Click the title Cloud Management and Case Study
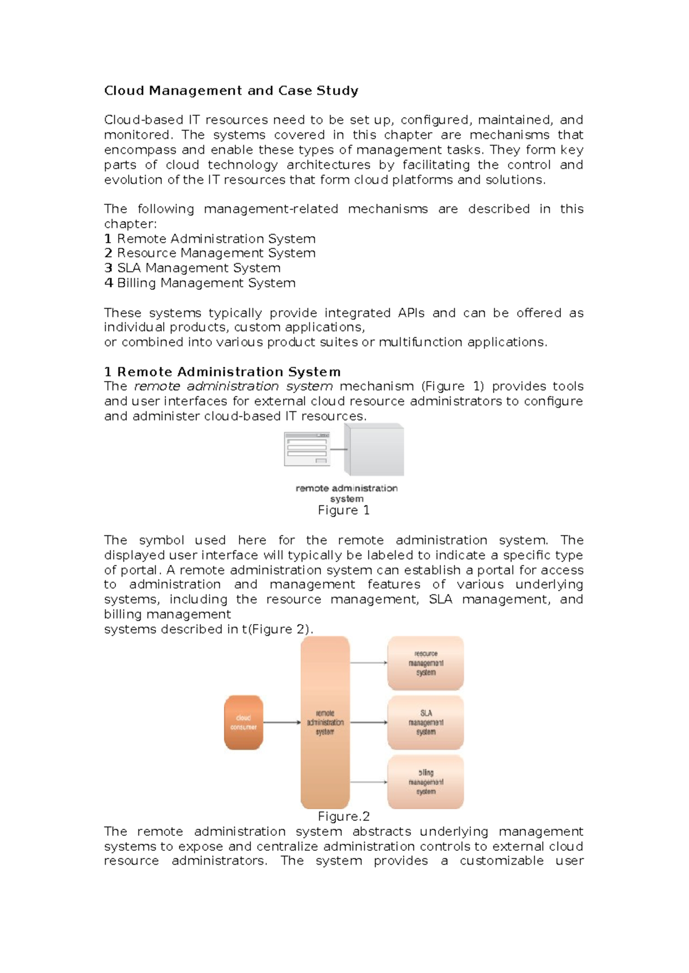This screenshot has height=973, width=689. tap(231, 91)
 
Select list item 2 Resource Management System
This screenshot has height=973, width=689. tap(210, 253)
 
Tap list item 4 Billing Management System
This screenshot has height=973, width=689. tap(200, 283)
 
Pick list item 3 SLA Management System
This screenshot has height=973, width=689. tap(192, 268)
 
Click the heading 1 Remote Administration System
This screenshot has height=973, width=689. tap(222, 372)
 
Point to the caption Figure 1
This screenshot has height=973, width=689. tap(343, 510)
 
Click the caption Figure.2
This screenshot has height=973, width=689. tap(343, 816)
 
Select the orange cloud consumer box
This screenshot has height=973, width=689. tap(243, 722)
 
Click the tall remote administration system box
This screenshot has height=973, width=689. tap(325, 722)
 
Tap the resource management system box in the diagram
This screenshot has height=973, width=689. tap(425, 663)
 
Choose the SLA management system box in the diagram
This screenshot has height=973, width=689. tap(425, 722)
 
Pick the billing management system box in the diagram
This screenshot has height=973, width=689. tap(425, 782)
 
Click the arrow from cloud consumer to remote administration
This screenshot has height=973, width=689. tap(282, 722)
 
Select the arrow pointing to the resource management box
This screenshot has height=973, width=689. tap(369, 663)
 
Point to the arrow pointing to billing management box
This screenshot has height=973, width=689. tap(369, 782)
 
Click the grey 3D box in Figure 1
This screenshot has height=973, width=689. tap(377, 450)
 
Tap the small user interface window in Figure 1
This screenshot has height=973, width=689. tap(307, 449)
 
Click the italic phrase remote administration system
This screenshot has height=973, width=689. tap(233, 386)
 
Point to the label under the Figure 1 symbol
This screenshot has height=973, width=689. tap(346, 493)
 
